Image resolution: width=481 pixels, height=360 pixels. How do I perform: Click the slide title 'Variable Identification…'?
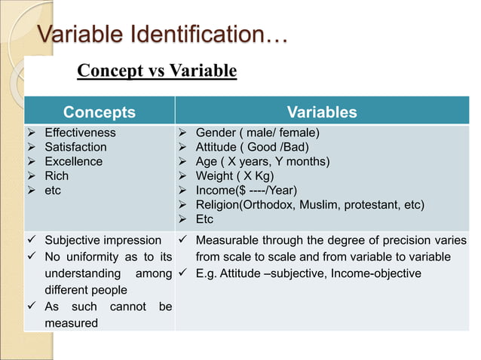click(163, 35)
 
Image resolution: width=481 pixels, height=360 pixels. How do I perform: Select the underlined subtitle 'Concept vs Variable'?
click(157, 72)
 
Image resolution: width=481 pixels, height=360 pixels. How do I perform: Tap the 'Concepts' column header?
click(100, 113)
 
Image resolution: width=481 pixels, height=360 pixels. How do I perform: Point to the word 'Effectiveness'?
click(80, 133)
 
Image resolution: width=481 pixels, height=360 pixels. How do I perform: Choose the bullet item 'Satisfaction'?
click(75, 148)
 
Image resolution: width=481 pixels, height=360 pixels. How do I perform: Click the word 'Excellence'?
click(73, 162)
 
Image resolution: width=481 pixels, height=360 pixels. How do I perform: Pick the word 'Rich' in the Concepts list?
click(57, 176)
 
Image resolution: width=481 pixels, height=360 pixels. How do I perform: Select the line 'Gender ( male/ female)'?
click(258, 133)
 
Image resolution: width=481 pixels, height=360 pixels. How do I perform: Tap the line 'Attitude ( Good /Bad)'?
click(255, 148)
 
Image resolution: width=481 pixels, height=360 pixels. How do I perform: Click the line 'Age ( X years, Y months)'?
click(263, 162)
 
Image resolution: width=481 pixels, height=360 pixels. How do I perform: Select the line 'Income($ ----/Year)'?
click(246, 191)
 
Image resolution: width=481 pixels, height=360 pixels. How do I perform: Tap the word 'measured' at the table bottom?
click(71, 323)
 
